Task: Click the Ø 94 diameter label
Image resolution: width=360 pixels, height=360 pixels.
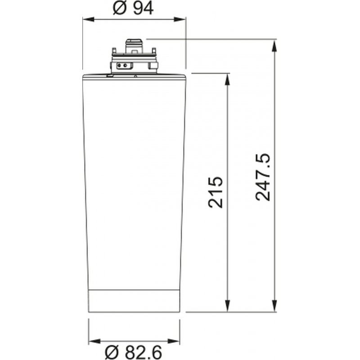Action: [133, 9]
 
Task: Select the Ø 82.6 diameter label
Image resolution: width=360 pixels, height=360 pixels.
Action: [133, 353]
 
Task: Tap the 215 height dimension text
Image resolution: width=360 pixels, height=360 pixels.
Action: [216, 193]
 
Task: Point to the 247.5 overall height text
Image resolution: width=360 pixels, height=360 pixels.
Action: [263, 177]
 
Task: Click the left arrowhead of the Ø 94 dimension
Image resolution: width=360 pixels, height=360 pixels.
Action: [88, 19]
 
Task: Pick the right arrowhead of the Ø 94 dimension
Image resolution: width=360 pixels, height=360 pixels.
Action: [180, 19]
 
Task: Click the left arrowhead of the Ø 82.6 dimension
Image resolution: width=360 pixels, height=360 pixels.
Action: [94, 341]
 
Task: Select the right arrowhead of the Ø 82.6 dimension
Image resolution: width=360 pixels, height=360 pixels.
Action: [174, 341]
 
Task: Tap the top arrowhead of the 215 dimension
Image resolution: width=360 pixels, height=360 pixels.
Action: [227, 79]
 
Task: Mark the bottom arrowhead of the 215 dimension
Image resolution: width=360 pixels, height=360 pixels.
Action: [227, 306]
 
